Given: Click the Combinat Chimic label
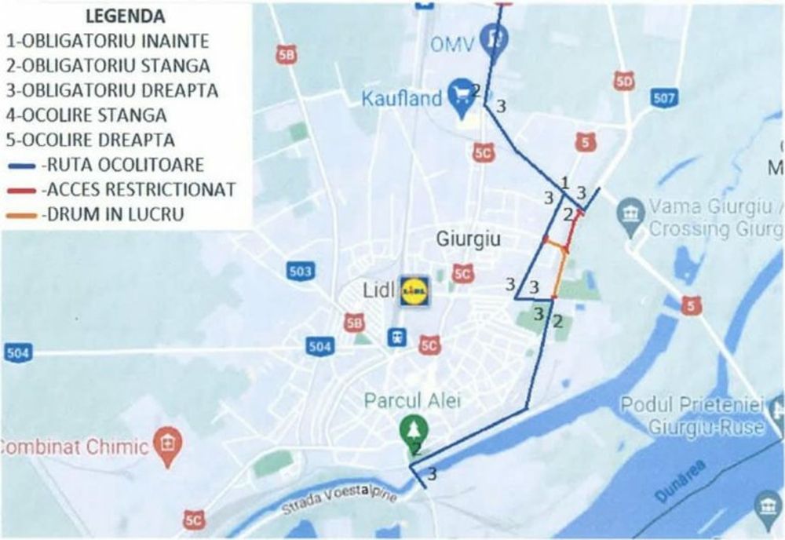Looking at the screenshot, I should (75, 447).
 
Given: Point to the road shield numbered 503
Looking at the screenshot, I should (300, 272).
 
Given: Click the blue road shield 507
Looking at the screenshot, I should (663, 98).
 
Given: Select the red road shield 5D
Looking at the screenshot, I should (624, 81).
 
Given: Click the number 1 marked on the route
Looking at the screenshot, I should (564, 184).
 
